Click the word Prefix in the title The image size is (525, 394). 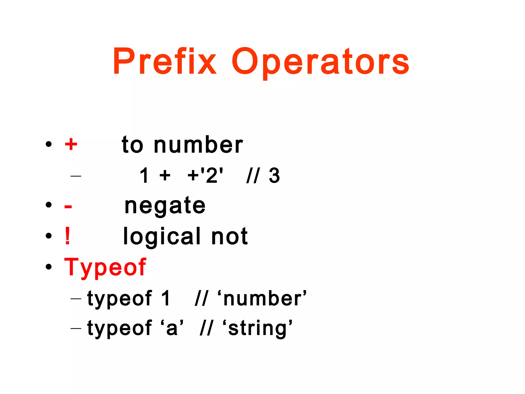click(x=165, y=62)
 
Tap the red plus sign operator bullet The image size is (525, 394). click(x=71, y=144)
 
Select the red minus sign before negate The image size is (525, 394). click(x=68, y=206)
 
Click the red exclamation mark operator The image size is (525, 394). click(x=67, y=236)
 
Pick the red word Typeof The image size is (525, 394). click(x=105, y=267)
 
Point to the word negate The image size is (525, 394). click(x=165, y=206)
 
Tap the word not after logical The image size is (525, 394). click(x=229, y=237)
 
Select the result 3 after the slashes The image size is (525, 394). click(x=274, y=176)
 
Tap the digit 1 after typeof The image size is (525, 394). click(x=166, y=298)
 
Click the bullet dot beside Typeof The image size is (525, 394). click(x=48, y=267)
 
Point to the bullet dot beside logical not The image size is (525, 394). click(x=48, y=236)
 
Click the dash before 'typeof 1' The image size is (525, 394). click(x=76, y=299)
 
